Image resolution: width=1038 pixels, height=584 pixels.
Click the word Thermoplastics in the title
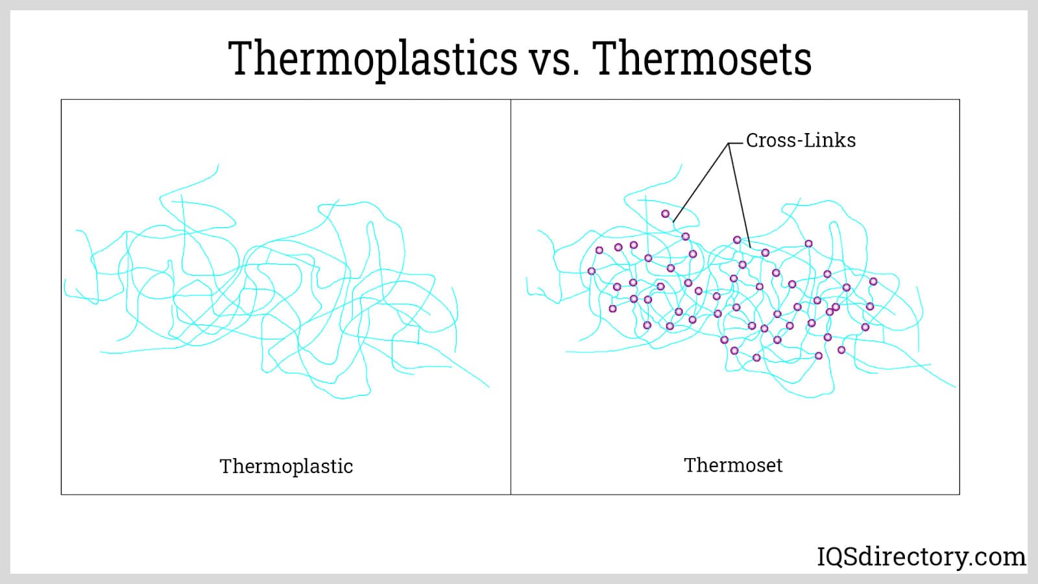pos(372,59)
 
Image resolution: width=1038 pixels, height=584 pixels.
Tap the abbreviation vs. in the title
pos(555,62)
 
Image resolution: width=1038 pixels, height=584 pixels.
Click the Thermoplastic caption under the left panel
pos(286,467)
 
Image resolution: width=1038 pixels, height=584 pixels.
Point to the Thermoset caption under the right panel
pos(733,465)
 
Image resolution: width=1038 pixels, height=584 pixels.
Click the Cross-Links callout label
pos(801,140)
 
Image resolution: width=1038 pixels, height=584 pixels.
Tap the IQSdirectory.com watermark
pos(921,557)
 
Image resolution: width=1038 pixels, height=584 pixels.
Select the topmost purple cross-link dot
pos(665,213)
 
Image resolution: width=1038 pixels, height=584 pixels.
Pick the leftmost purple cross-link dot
pos(591,271)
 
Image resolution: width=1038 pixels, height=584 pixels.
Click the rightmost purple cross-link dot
pos(873,282)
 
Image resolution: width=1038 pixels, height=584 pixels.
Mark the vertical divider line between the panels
pos(511,297)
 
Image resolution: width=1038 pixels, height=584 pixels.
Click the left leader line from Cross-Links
pos(701,182)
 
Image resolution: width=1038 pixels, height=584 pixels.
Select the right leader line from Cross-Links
pos(740,195)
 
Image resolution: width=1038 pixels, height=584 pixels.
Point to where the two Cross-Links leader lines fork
pos(729,143)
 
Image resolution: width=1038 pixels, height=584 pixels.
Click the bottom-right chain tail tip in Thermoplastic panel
pos(489,387)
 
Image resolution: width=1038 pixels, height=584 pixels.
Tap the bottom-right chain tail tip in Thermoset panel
pos(955,387)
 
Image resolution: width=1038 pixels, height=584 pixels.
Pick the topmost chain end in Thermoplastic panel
pos(218,165)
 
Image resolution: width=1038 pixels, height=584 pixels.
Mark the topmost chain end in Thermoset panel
pos(682,165)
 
